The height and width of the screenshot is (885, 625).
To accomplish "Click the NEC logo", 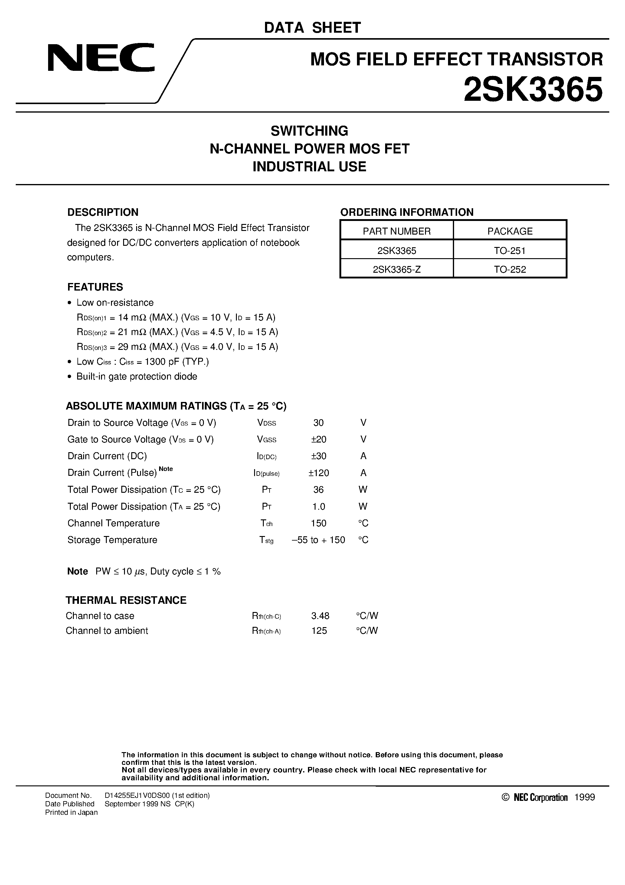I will [101, 58].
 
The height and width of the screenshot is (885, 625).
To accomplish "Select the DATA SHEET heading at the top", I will [312, 28].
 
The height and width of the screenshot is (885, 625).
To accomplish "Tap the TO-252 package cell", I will [510, 269].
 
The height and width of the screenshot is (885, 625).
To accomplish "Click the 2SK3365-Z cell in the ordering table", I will [397, 269].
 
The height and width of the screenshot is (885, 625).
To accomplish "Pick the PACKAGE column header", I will [510, 231].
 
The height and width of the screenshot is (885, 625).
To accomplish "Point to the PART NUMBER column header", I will [397, 231].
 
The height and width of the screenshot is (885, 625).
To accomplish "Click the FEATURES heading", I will [95, 287].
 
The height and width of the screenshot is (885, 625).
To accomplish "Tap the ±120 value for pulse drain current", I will [319, 473].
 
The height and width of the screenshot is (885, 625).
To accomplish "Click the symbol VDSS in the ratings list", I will [266, 423].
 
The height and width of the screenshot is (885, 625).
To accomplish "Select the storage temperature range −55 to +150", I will [318, 540].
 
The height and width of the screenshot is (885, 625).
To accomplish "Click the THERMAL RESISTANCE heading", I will [126, 600].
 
